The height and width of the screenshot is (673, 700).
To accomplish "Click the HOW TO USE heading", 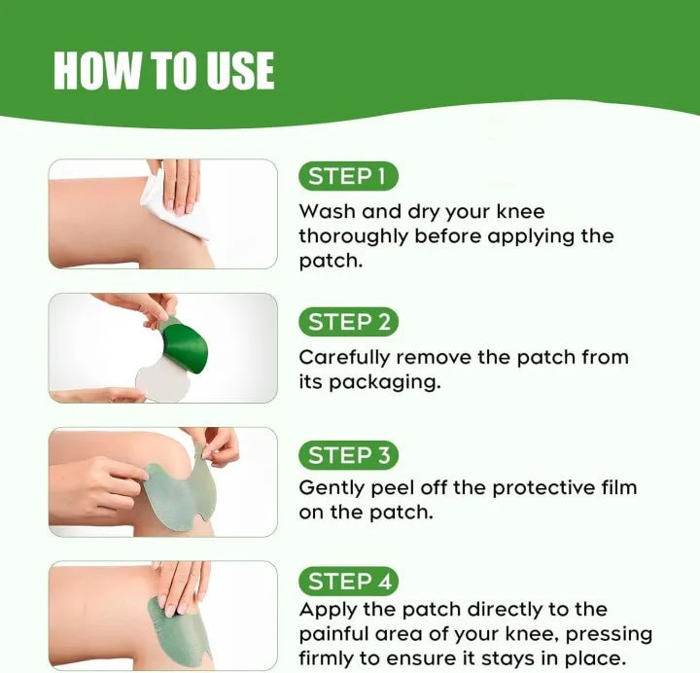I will click(x=163, y=71).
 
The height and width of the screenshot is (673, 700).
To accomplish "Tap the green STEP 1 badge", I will click(x=347, y=176).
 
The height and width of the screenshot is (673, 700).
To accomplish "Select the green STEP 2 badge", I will click(x=348, y=322).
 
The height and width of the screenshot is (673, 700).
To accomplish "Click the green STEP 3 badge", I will click(x=348, y=455).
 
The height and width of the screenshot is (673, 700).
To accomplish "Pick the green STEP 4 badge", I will click(x=348, y=582).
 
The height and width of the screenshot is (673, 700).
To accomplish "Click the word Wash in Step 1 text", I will click(x=325, y=211).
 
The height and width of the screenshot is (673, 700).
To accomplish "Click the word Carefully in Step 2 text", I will click(x=340, y=357).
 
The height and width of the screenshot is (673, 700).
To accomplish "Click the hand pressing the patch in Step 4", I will click(x=182, y=584).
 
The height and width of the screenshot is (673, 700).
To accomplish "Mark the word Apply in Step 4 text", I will click(x=325, y=610).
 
